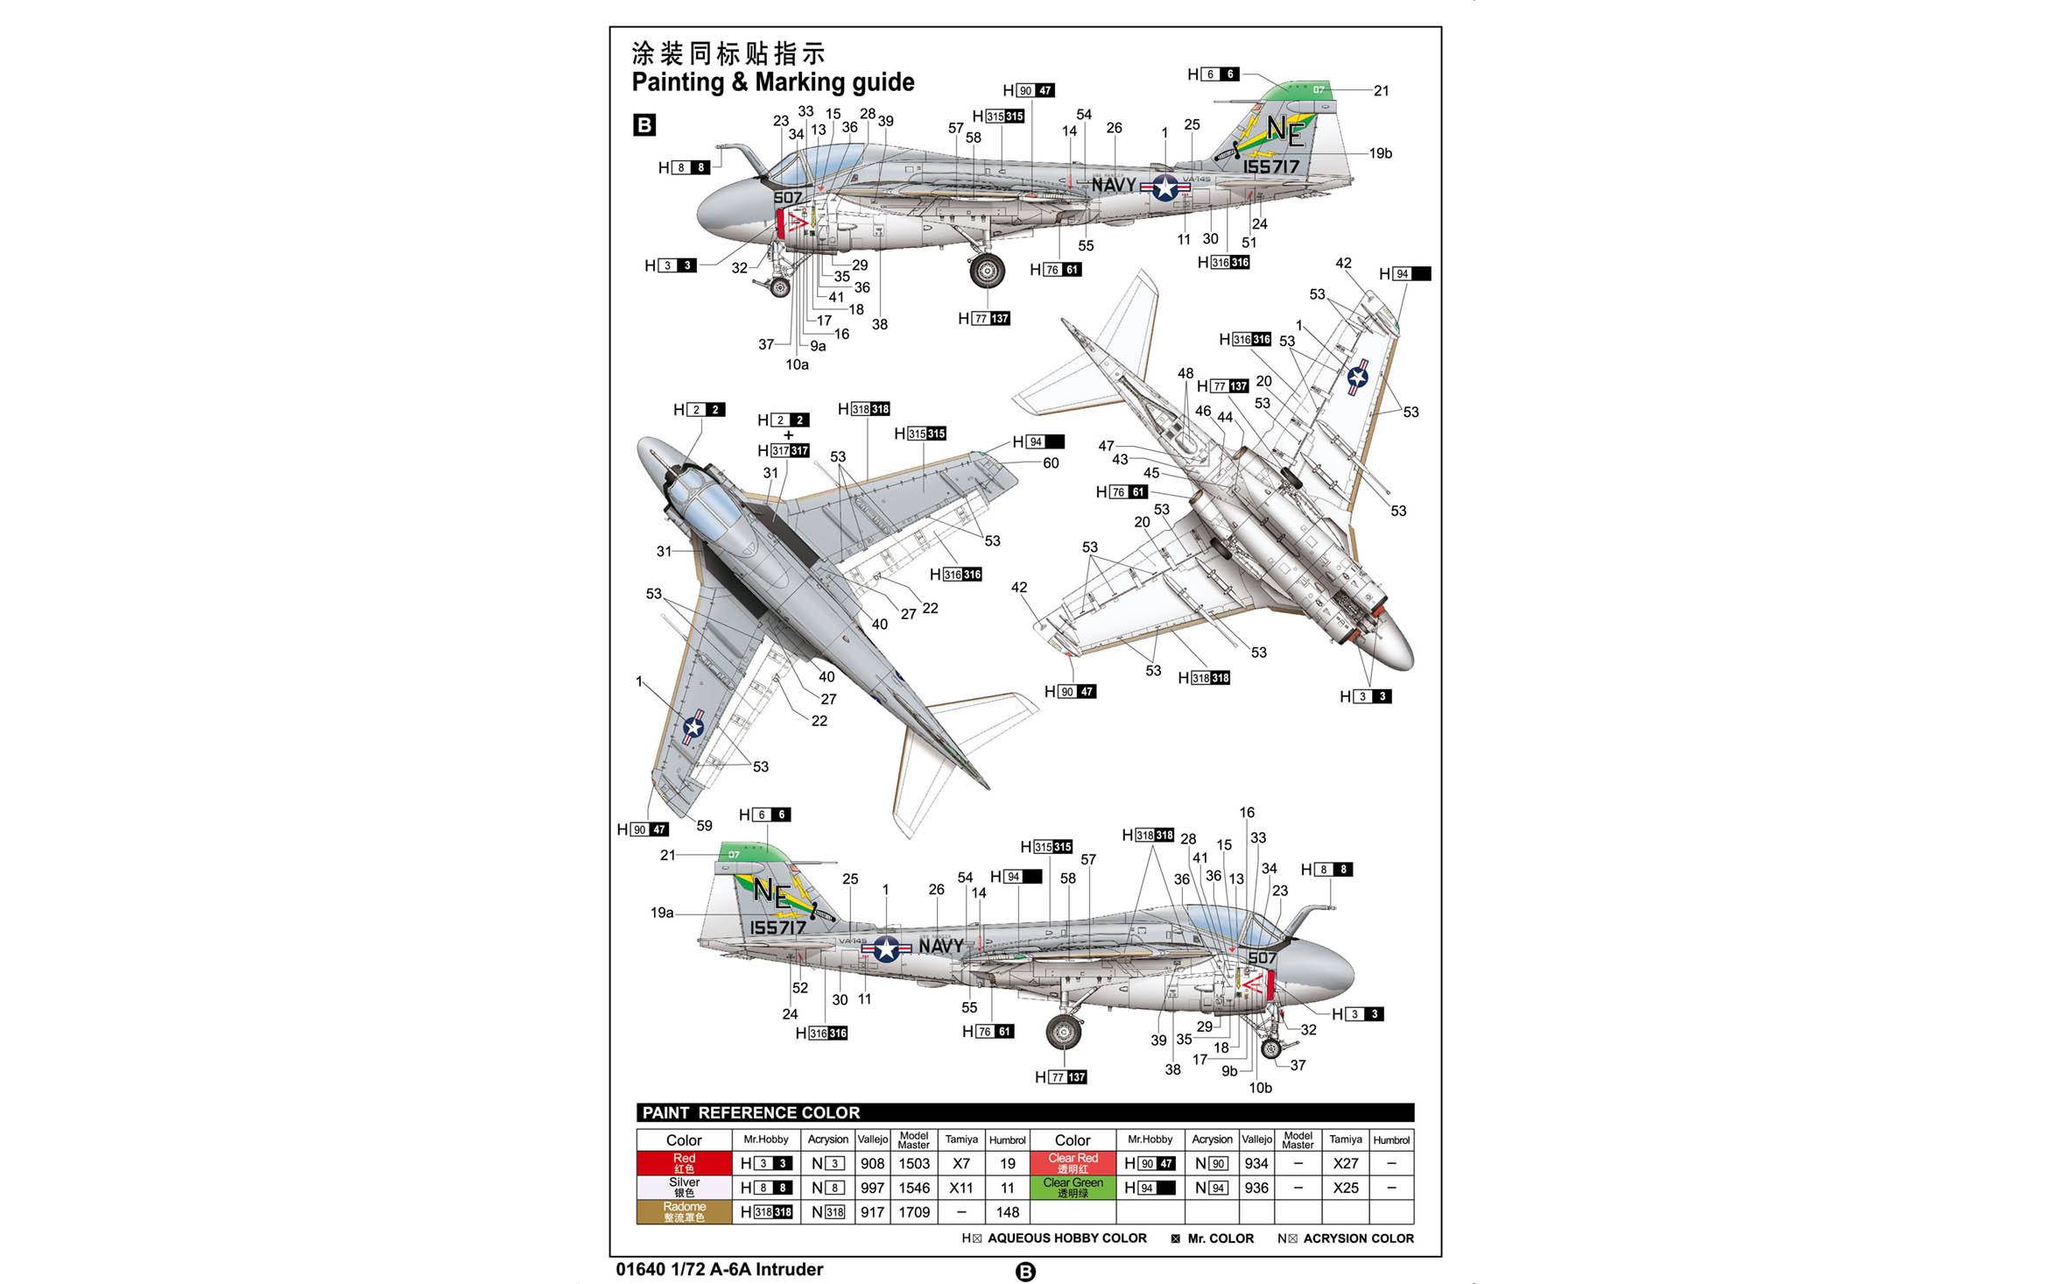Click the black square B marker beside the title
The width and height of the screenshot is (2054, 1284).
[x=644, y=124]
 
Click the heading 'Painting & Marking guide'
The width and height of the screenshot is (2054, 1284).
[x=772, y=82]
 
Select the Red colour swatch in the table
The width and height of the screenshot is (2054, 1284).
[x=684, y=1163]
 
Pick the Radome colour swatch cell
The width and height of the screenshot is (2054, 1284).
[x=684, y=1212]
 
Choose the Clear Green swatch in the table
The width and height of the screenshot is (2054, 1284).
[x=1073, y=1188]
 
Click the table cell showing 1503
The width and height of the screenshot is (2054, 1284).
[x=913, y=1163]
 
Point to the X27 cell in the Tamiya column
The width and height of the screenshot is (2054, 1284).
[x=1345, y=1163]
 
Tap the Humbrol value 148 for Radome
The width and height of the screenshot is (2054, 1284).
[x=1007, y=1212]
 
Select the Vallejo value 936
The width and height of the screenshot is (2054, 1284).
[x=1256, y=1188]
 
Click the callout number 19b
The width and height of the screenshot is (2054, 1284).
[x=1380, y=153]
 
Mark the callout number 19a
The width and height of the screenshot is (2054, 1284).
[x=662, y=913]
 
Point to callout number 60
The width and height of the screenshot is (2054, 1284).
[x=1051, y=463]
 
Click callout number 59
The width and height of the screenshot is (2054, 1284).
[x=704, y=825]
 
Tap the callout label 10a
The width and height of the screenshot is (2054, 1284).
[x=797, y=364]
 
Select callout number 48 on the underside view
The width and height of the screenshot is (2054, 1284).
[x=1185, y=373]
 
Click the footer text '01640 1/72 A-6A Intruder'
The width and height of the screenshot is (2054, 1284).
[x=719, y=1269]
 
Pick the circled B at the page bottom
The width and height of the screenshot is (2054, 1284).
[x=1025, y=1272]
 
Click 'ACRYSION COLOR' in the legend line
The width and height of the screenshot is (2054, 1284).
[x=1358, y=1238]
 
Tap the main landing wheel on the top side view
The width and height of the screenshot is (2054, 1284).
[x=987, y=271]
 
